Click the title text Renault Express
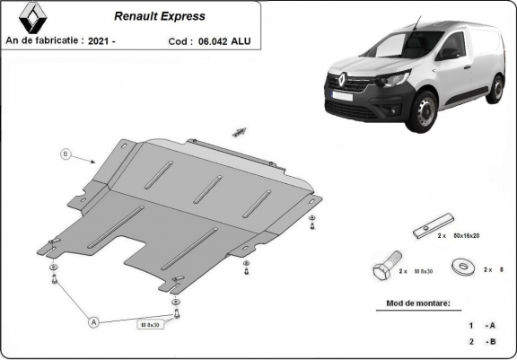click(x=159, y=16)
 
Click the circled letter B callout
click(x=65, y=154)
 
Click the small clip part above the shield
click(x=240, y=131)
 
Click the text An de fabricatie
click(x=45, y=41)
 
